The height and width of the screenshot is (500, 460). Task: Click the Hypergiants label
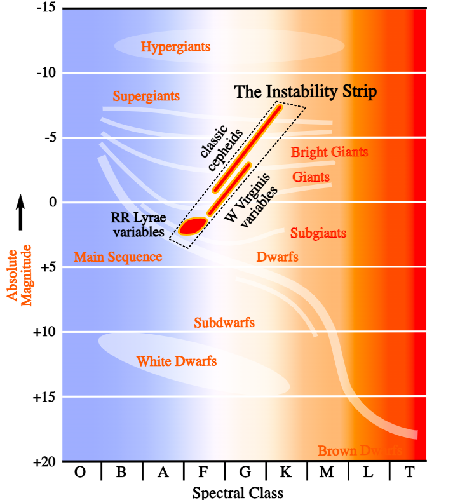pyautogui.click(x=175, y=47)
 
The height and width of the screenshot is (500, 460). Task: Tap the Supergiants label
pyautogui.click(x=146, y=97)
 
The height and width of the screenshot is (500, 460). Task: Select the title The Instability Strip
pyautogui.click(x=306, y=91)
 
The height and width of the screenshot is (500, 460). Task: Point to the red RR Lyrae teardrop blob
pyautogui.click(x=192, y=226)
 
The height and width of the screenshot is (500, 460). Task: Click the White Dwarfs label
pyautogui.click(x=177, y=361)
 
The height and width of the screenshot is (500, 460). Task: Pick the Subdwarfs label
pyautogui.click(x=224, y=323)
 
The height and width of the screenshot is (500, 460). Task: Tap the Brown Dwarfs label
pyautogui.click(x=360, y=450)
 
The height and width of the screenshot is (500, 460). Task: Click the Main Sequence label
pyautogui.click(x=118, y=257)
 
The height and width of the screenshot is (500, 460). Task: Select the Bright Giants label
pyautogui.click(x=329, y=152)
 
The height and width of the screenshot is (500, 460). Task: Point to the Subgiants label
pyautogui.click(x=318, y=233)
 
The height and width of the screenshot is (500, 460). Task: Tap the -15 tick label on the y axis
pyautogui.click(x=46, y=8)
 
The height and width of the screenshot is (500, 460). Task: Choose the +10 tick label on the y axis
pyautogui.click(x=44, y=332)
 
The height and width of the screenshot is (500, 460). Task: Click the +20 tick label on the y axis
pyautogui.click(x=44, y=462)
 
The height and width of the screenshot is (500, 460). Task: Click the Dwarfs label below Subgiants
pyautogui.click(x=277, y=257)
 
